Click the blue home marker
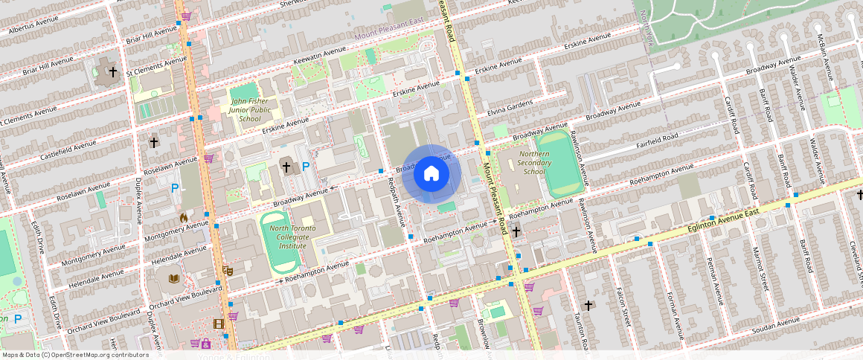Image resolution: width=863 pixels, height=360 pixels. pos(431,174)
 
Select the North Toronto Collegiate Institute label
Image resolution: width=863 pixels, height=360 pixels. pos(292,237)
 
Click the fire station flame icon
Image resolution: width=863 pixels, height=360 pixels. pos(184,218)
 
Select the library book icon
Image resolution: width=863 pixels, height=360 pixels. pos(174,278)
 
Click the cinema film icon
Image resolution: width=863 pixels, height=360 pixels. pos(218,324)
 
